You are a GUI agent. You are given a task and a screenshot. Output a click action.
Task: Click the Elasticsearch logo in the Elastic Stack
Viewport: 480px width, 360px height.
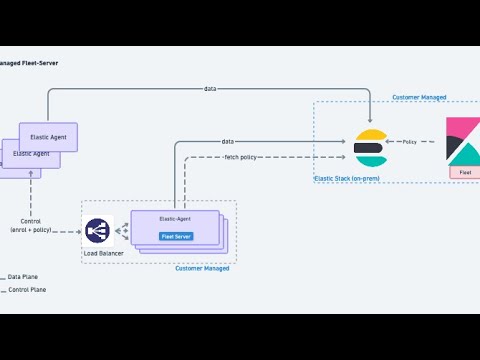(370, 148)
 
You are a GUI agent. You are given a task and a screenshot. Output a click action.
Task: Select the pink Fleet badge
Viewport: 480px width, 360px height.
(464, 173)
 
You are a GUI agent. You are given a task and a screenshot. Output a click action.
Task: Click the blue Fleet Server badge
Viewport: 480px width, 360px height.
(176, 237)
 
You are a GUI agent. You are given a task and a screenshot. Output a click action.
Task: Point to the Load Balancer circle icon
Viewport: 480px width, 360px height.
(98, 231)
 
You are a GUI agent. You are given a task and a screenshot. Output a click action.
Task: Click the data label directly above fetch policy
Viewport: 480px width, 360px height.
(229, 142)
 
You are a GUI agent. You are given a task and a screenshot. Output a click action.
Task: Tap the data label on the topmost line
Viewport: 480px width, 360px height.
(209, 89)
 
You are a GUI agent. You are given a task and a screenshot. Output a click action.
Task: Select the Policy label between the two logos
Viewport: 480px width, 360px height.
(410, 142)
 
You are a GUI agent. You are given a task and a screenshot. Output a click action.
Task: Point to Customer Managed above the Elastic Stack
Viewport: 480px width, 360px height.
(419, 98)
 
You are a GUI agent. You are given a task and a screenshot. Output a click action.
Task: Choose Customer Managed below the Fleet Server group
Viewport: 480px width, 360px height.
(202, 268)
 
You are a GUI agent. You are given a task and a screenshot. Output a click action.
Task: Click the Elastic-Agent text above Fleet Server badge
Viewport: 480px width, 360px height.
(175, 217)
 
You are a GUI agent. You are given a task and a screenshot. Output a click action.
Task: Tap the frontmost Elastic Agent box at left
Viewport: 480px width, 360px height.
(48, 136)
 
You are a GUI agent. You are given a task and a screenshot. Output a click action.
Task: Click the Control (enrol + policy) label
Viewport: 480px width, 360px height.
(31, 226)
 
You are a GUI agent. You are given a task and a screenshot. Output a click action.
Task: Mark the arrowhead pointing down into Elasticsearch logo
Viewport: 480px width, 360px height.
(371, 125)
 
